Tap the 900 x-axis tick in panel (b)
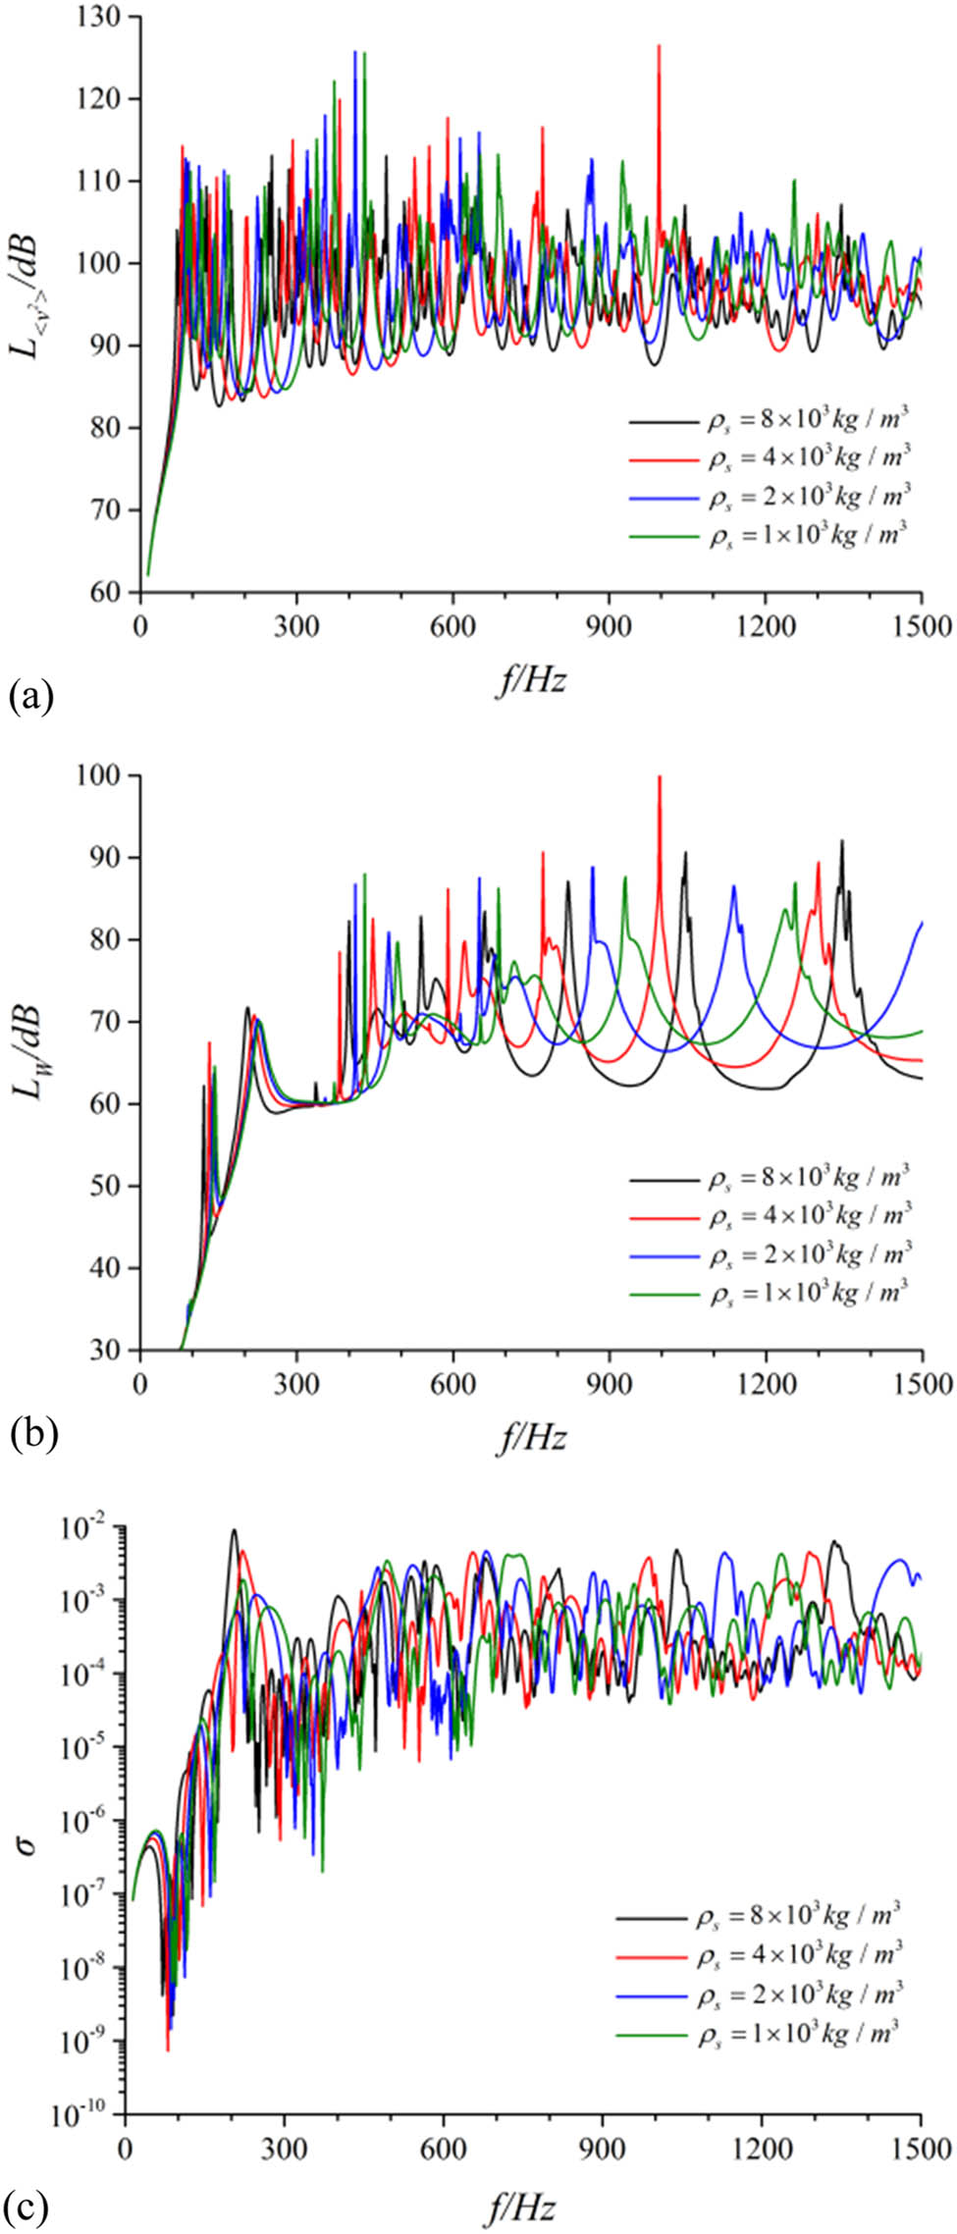click(x=610, y=1384)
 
